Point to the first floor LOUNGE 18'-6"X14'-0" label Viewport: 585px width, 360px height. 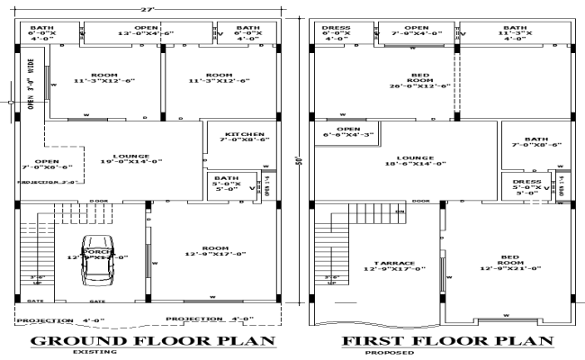pyautogui.click(x=416, y=159)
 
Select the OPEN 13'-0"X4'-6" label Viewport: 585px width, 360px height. pyautogui.click(x=142, y=32)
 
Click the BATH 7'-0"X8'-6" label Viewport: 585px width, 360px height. pyautogui.click(x=537, y=141)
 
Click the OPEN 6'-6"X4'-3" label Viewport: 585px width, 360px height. pyautogui.click(x=342, y=132)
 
